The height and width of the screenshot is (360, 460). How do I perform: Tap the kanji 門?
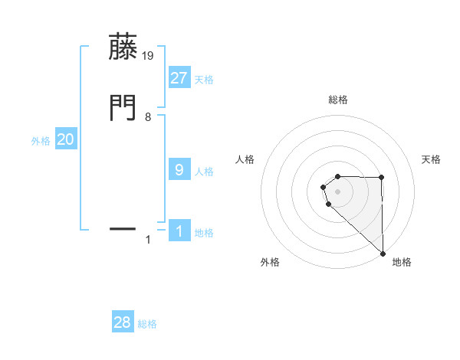click(123, 107)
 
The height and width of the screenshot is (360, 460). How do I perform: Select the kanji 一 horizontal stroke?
click(123, 228)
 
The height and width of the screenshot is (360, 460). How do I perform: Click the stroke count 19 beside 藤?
click(149, 55)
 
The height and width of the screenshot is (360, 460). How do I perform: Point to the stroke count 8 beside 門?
click(148, 117)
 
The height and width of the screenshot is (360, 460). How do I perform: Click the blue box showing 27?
click(179, 78)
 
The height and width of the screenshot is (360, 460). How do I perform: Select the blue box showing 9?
click(179, 170)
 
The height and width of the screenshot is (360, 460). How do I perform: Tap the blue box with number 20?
click(65, 139)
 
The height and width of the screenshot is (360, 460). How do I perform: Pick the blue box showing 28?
click(123, 322)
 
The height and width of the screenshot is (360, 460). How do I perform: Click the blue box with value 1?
click(179, 231)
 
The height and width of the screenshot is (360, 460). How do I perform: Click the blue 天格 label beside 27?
click(204, 80)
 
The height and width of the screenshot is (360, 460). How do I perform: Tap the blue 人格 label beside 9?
click(204, 172)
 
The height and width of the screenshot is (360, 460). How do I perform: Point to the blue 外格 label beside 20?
click(41, 141)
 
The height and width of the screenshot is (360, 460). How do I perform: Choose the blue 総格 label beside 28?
click(147, 324)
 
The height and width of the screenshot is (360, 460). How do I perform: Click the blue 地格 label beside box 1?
click(204, 233)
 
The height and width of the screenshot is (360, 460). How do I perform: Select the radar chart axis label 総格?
click(338, 100)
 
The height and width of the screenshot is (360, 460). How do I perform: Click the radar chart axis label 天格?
click(432, 159)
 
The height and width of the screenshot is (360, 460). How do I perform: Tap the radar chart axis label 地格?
click(402, 263)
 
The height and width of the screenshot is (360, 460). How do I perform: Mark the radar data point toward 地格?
click(382, 252)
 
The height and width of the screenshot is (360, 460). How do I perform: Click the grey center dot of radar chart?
click(337, 191)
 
